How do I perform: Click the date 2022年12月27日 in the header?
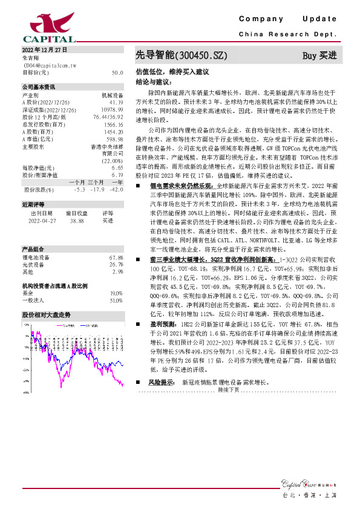pyautogui.click(x=44, y=50)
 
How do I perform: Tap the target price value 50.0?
pyautogui.click(x=117, y=72)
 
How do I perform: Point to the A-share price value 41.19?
pyautogui.click(x=117, y=103)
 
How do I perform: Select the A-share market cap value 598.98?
pyautogui.click(x=115, y=138)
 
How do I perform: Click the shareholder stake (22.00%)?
pyautogui.click(x=113, y=160)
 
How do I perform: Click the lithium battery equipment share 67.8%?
pyautogui.click(x=116, y=258)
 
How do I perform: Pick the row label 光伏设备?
pyautogui.click(x=32, y=264)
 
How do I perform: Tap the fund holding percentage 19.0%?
pyautogui.click(x=116, y=293)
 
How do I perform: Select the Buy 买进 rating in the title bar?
pyautogui.click(x=319, y=56)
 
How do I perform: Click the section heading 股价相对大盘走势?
pyautogui.click(x=47, y=315)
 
